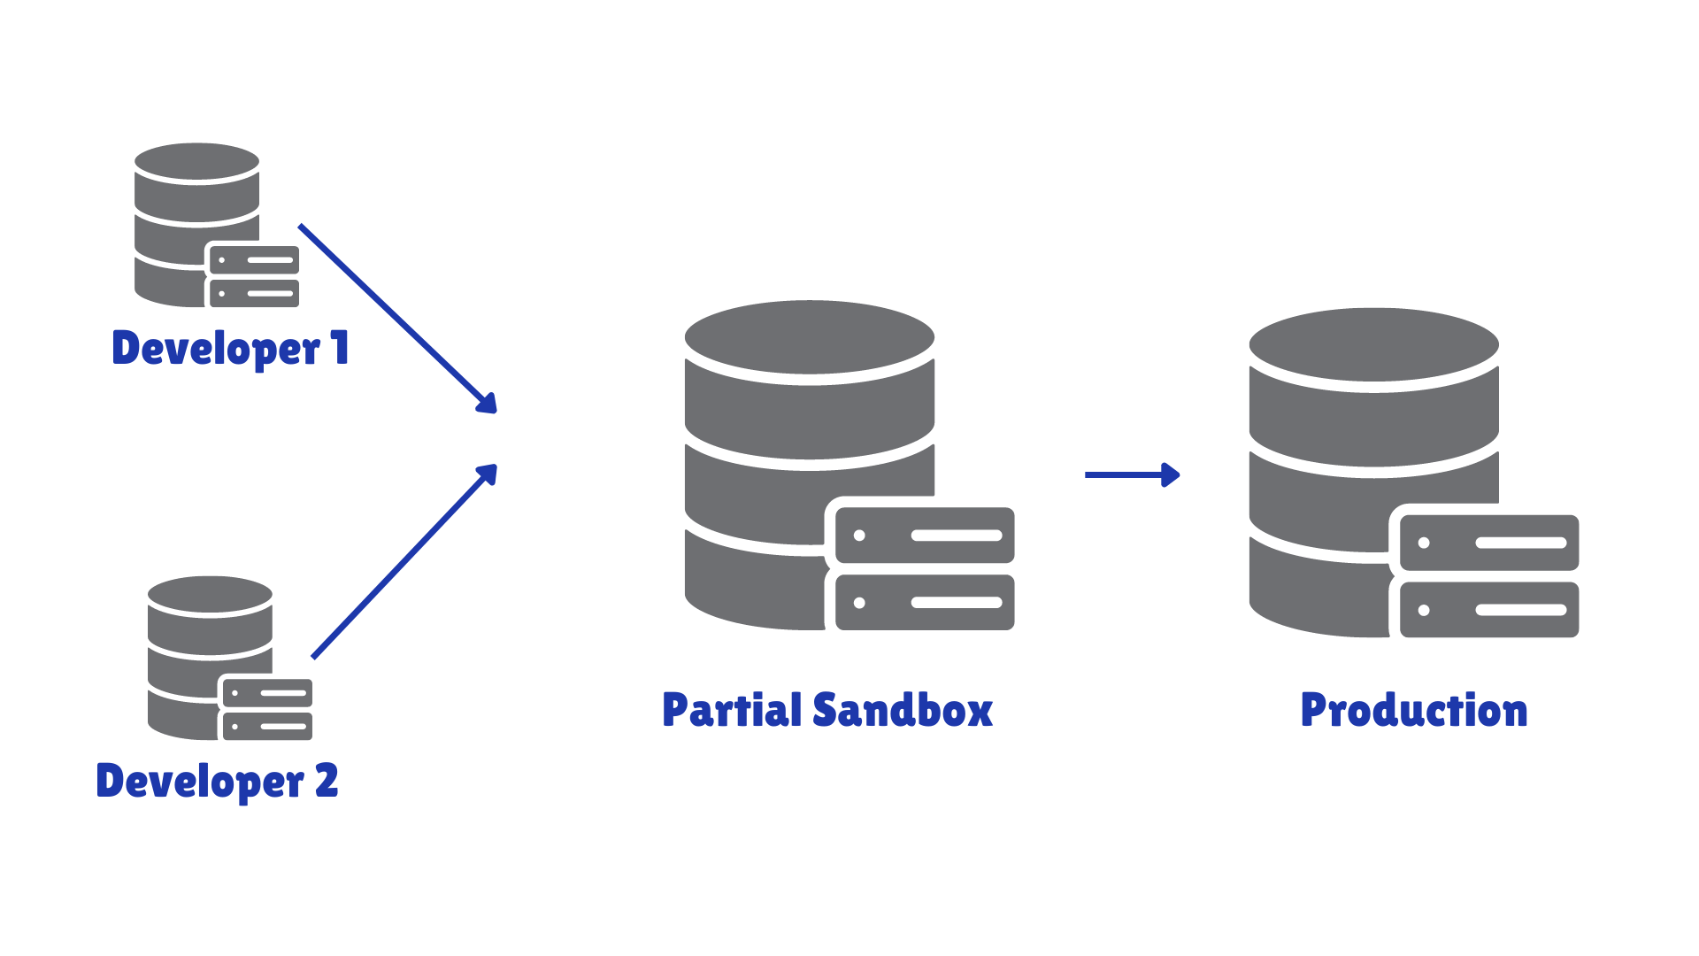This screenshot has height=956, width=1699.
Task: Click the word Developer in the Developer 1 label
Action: pos(215,348)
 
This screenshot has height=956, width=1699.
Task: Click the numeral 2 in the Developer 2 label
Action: pos(327,780)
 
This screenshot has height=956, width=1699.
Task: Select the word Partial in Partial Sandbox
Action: pos(731,710)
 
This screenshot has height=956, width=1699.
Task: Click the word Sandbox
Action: pos(903,710)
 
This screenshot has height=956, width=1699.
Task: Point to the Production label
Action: pos(1413,710)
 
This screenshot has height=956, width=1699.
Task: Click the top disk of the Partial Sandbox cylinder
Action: pos(809,336)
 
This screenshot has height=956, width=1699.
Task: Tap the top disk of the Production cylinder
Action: pos(1373,344)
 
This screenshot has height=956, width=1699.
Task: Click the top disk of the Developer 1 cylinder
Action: pos(196,162)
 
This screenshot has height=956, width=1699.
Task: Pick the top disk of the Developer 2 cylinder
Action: pos(210,595)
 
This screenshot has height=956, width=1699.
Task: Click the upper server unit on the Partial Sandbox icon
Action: pos(925,536)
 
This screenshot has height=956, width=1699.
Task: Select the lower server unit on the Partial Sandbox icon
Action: pos(925,603)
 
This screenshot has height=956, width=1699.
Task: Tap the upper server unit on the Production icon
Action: pos(1489,543)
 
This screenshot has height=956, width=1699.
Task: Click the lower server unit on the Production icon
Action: pos(1489,610)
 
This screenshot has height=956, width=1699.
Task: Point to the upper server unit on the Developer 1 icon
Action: pos(255,260)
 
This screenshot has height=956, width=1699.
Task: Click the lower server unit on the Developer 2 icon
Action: pos(267,727)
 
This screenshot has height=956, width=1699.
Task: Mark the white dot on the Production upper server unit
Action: pos(1424,543)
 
